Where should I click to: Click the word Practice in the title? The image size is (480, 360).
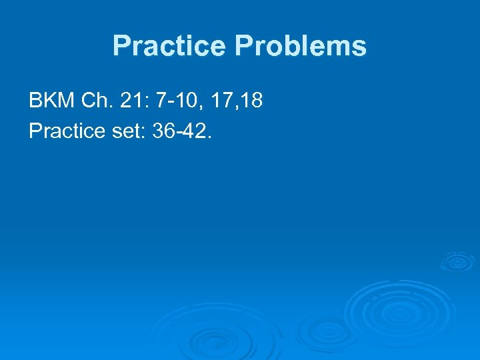170,46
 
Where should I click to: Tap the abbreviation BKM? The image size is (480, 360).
51,101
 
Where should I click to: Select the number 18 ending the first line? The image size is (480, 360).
253,101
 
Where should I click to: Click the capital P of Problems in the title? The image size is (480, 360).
243,46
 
